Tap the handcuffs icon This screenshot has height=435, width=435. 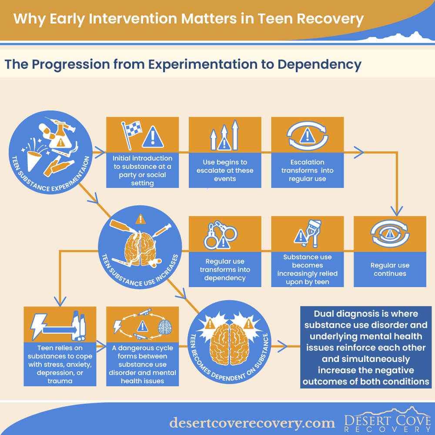tap(221, 234)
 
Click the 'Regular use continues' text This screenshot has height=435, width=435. tap(390, 269)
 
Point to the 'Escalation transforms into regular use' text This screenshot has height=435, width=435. tap(308, 171)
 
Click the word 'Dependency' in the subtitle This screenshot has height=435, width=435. tap(319, 65)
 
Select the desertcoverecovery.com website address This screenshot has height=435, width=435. tap(252, 423)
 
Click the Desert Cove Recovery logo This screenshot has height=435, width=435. tap(387, 420)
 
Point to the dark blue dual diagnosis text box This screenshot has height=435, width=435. tap(366, 347)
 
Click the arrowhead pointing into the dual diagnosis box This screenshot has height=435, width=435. tap(282, 347)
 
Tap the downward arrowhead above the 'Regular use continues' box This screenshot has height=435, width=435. tap(397, 211)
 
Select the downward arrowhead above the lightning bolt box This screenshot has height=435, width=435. tap(60, 301)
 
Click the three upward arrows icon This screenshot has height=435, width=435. tap(224, 135)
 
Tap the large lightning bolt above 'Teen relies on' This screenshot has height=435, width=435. tap(38, 326)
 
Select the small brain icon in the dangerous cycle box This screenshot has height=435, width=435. tap(164, 327)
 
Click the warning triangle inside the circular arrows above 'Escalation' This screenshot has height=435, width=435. tap(307, 136)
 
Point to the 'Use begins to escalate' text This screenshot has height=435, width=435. tap(225, 171)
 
